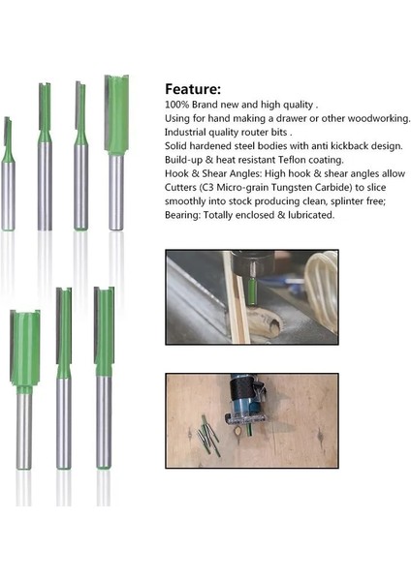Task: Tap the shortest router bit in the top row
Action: [9, 174]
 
